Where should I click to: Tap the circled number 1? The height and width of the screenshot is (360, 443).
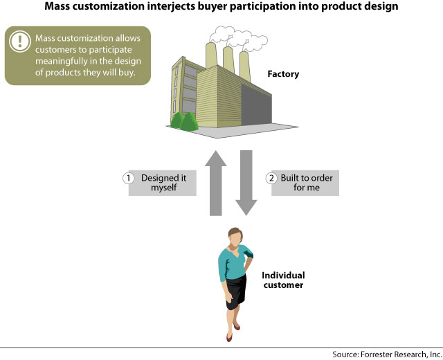[128, 178]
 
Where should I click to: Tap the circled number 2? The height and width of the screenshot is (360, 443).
[271, 178]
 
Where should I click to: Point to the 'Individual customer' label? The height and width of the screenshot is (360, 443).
[282, 280]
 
